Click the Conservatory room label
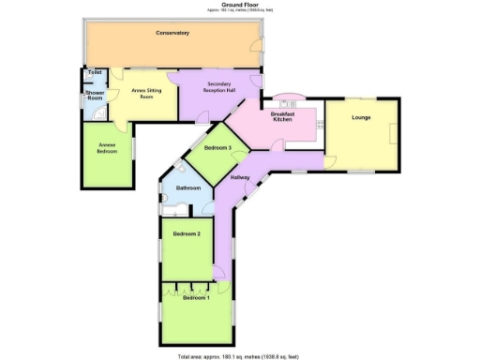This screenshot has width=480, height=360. pos(172,33)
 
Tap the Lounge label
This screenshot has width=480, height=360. pos(361,117)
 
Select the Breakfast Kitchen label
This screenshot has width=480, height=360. pos(283,117)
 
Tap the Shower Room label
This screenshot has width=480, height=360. pos(95,96)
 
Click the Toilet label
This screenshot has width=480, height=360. pos(94,72)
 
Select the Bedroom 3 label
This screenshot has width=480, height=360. pos(218,148)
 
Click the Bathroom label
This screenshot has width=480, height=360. pos(188,188)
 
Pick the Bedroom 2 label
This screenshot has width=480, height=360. pos(186,233)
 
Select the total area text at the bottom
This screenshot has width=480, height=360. pos(238,356)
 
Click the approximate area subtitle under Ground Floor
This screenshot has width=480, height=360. pos(239,10)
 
